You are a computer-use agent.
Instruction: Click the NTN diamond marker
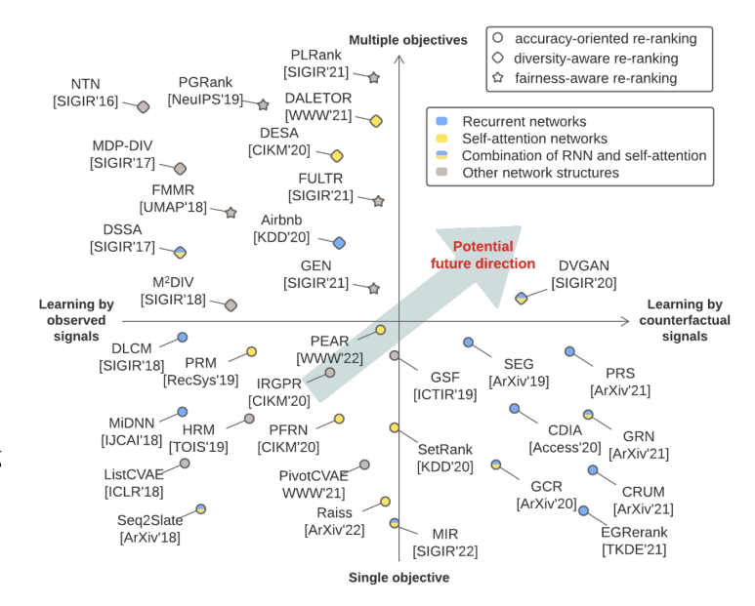(144, 106)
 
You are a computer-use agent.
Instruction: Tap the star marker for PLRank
(373, 76)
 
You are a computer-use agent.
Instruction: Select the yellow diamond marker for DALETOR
(376, 121)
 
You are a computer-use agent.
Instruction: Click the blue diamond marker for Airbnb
(339, 242)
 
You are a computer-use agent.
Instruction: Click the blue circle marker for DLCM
(182, 338)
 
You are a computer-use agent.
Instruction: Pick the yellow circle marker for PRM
(251, 351)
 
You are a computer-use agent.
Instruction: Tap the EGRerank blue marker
(584, 510)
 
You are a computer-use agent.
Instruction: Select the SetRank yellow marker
(395, 427)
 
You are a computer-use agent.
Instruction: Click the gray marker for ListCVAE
(185, 464)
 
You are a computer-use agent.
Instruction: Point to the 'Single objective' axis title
(398, 578)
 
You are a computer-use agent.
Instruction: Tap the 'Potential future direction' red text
(483, 255)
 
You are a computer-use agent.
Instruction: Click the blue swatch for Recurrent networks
(441, 122)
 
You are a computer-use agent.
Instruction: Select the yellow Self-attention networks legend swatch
(441, 139)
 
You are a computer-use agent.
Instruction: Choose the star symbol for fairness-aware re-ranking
(499, 78)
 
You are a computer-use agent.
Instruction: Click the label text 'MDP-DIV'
(122, 145)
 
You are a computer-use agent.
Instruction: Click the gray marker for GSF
(395, 355)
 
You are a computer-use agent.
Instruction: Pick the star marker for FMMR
(231, 212)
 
